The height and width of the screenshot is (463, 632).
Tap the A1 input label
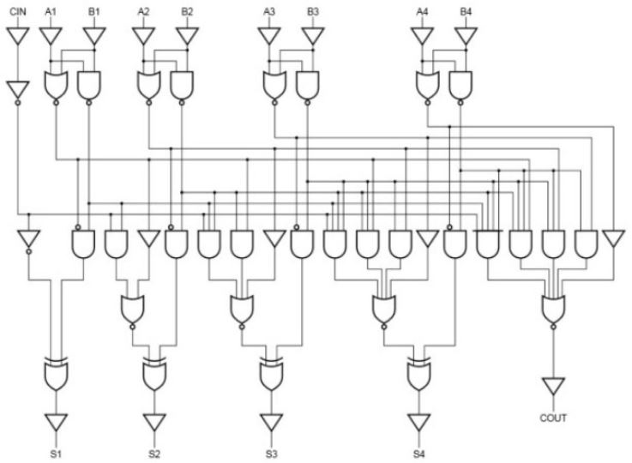[51, 11]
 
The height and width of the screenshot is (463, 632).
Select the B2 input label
[187, 11]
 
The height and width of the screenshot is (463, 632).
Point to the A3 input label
[270, 11]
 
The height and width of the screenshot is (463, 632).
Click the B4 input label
[465, 11]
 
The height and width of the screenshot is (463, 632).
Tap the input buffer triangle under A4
[421, 37]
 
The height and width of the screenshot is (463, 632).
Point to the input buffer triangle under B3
[313, 37]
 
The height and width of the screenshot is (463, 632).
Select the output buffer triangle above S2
[154, 422]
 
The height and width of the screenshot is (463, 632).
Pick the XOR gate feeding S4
[419, 373]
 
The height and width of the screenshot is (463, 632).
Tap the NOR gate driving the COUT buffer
[554, 306]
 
